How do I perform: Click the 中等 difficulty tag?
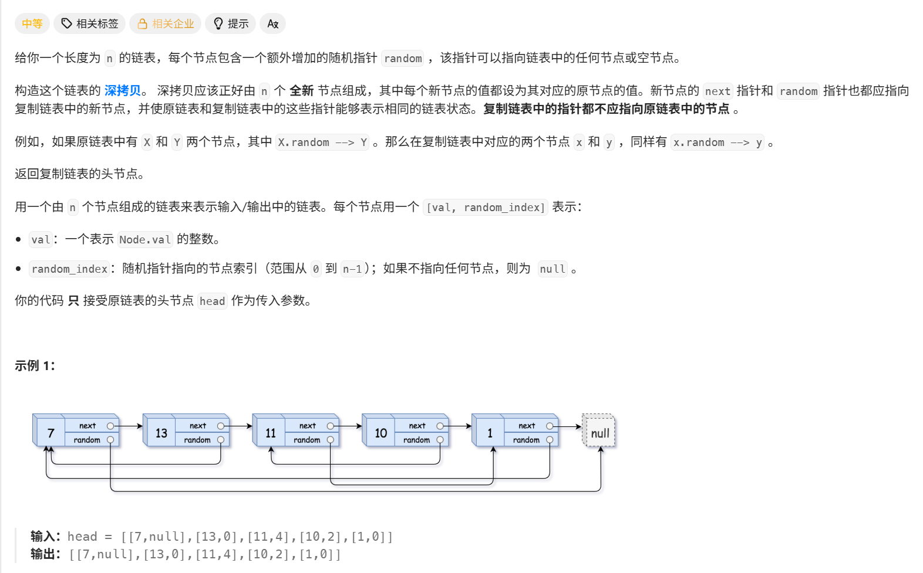click(x=32, y=23)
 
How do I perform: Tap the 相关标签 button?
click(x=90, y=23)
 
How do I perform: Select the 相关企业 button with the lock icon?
click(x=166, y=23)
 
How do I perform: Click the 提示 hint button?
click(x=231, y=23)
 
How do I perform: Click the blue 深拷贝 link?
click(x=123, y=90)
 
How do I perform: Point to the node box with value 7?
click(x=50, y=433)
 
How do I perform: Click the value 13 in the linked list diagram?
click(x=161, y=433)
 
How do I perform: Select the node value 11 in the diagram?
click(x=270, y=433)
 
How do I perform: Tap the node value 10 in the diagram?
click(x=380, y=433)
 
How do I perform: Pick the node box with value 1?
click(x=490, y=433)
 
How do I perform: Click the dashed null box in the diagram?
click(x=599, y=433)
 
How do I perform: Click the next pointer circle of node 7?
click(x=110, y=426)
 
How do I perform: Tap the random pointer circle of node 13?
click(x=221, y=440)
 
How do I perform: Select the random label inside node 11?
click(x=306, y=440)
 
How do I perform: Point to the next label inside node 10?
click(x=417, y=426)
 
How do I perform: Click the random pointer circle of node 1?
click(x=550, y=440)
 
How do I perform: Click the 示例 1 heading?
click(x=35, y=365)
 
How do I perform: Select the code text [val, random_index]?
click(x=486, y=207)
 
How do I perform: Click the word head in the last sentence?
click(x=212, y=301)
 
